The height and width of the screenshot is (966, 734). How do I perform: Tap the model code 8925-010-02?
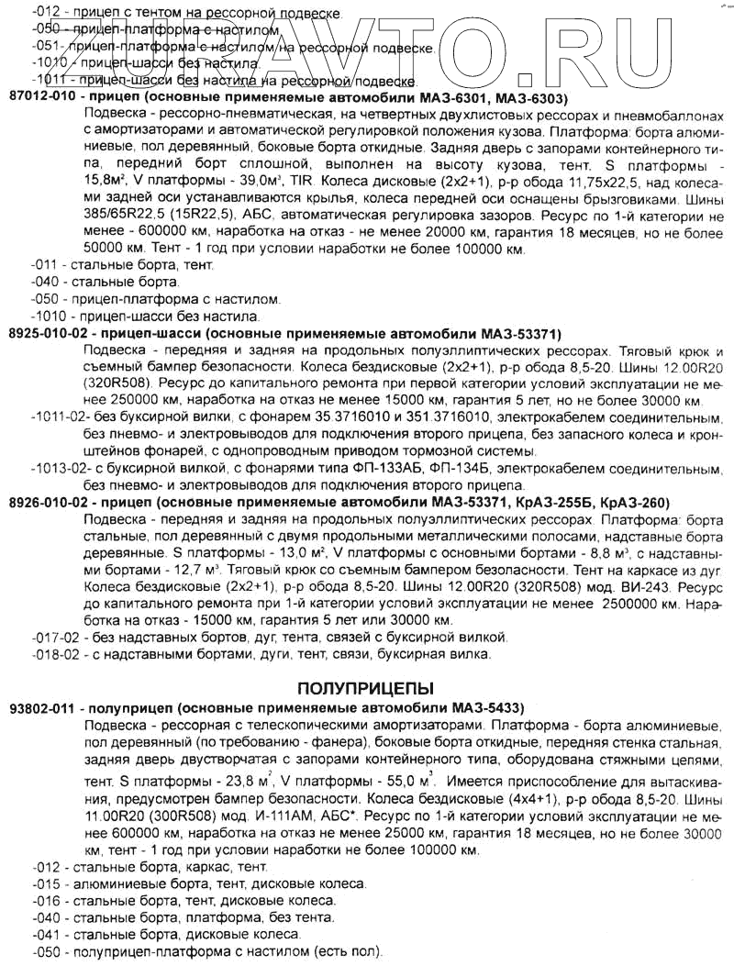50,333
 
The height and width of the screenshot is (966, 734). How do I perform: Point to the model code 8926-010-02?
50,503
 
